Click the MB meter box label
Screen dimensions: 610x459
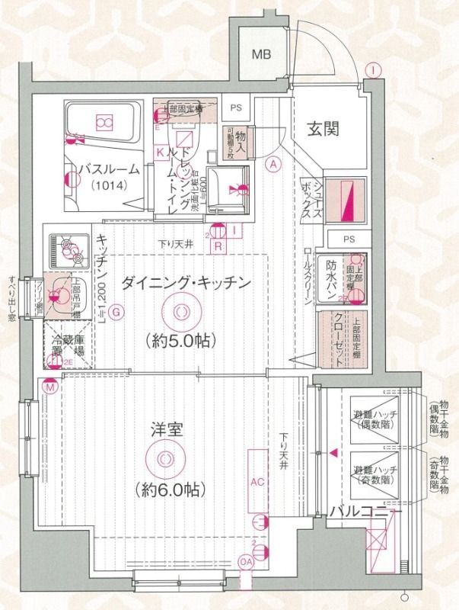(262, 54)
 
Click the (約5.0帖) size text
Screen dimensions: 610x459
(180, 340)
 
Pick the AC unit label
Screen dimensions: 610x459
(257, 483)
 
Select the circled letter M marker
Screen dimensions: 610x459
(50, 388)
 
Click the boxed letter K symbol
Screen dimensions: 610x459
(161, 152)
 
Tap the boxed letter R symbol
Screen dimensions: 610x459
(218, 246)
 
